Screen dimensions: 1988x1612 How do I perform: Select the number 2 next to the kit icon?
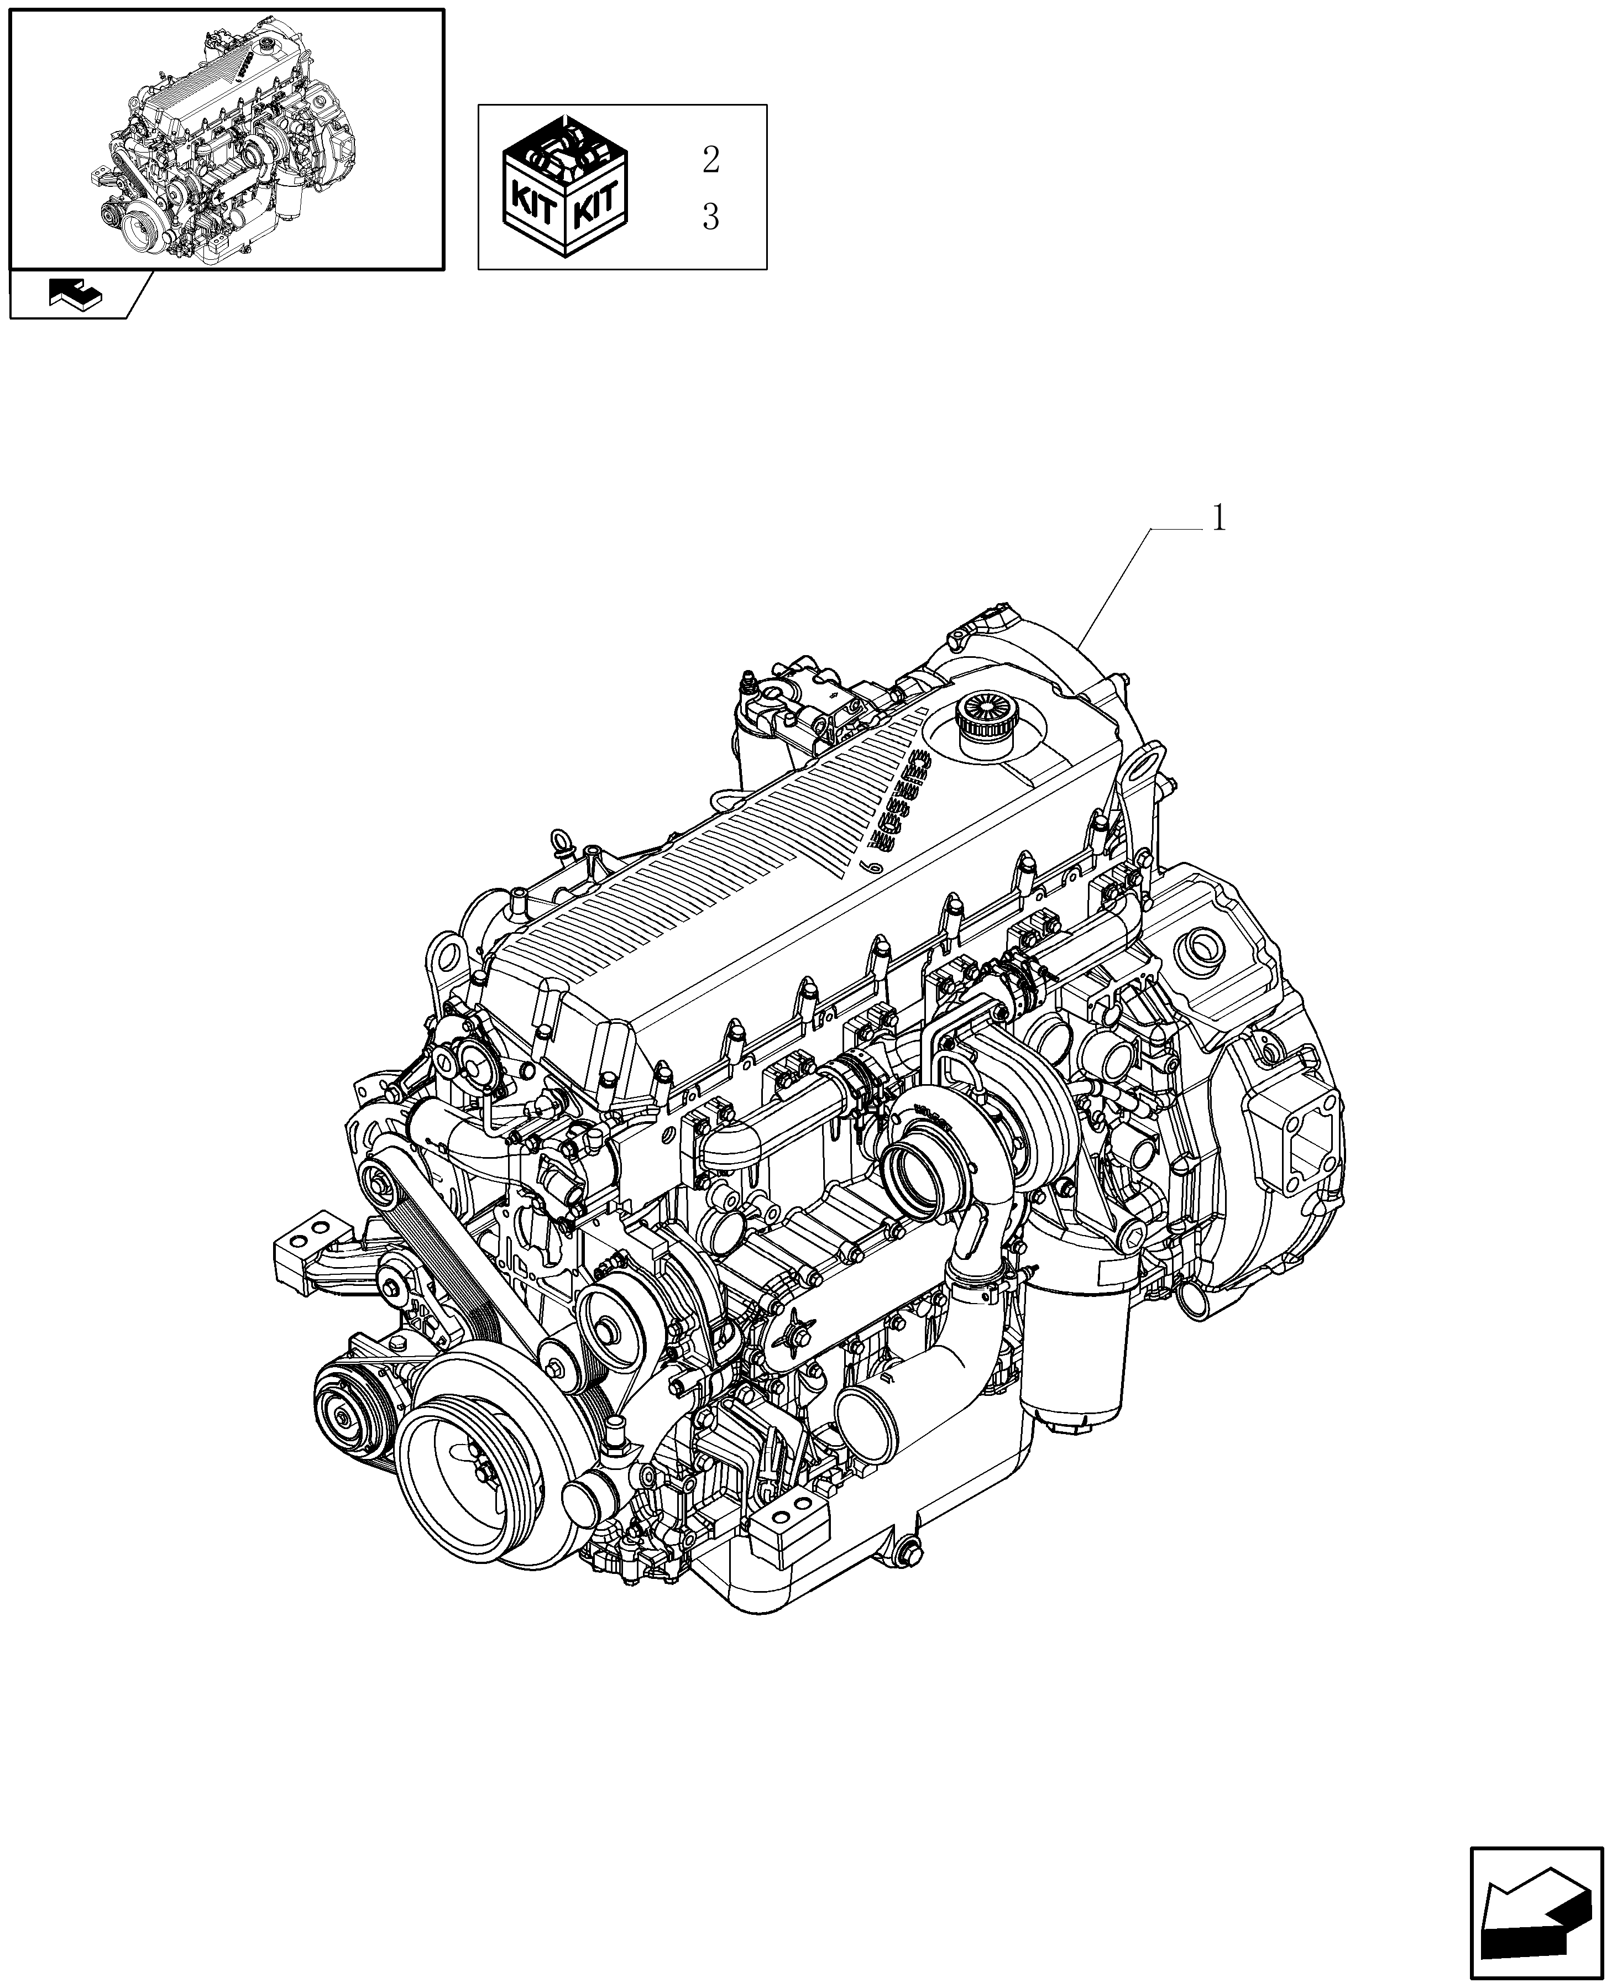(710, 160)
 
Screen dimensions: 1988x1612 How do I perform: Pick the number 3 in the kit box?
(710, 217)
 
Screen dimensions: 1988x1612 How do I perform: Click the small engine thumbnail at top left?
(226, 139)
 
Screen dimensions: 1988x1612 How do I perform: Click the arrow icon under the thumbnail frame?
(77, 295)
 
